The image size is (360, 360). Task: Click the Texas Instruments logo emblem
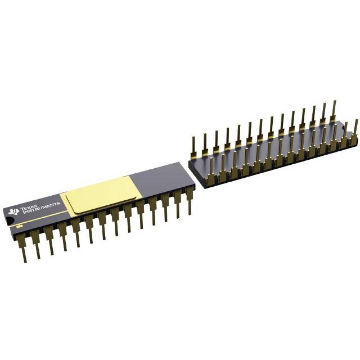click(13, 211)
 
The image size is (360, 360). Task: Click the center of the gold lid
click(101, 194)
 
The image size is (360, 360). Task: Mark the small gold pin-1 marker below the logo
click(20, 226)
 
